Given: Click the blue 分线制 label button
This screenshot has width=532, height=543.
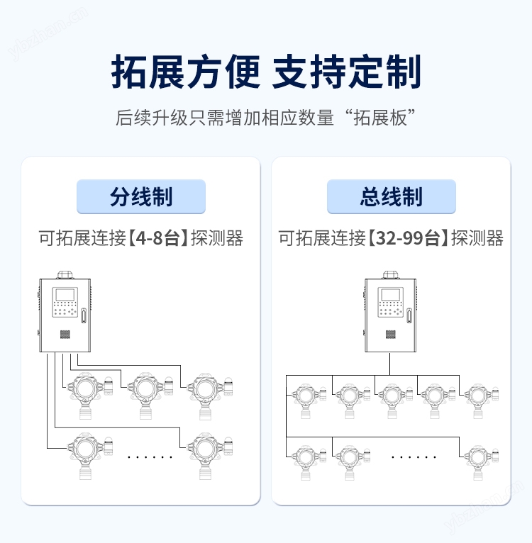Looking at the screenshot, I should [140, 196].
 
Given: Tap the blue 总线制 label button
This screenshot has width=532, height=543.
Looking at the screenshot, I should [391, 196].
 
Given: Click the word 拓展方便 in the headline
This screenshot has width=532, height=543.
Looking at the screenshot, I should [186, 72].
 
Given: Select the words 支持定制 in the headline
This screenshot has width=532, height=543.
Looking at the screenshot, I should [347, 72].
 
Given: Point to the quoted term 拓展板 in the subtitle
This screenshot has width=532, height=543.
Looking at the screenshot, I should [384, 118].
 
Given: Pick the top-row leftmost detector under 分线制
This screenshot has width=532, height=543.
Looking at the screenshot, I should [85, 390].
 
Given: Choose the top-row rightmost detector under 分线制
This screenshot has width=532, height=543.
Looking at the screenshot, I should [206, 390].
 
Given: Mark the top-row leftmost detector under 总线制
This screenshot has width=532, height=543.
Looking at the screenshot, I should [306, 398].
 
